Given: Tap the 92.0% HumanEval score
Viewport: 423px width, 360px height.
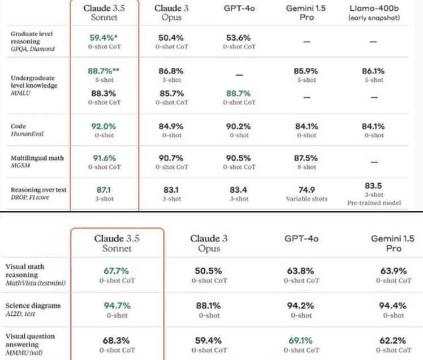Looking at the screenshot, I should coord(103,127).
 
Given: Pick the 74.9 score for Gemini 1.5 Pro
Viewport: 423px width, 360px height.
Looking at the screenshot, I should coord(307,190).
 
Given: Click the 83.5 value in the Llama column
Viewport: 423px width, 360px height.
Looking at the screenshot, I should coord(373,186).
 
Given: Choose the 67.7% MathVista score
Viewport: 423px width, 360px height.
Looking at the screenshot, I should coord(117,271).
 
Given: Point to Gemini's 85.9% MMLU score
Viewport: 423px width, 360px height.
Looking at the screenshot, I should coord(307,72).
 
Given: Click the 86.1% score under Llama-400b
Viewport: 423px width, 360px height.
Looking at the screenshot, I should coord(373,72).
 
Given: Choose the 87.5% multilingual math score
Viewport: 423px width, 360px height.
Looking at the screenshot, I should coord(307,158).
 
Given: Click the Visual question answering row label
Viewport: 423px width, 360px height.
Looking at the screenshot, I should coord(30,344).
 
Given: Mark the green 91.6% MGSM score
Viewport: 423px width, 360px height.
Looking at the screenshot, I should coord(103,158).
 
